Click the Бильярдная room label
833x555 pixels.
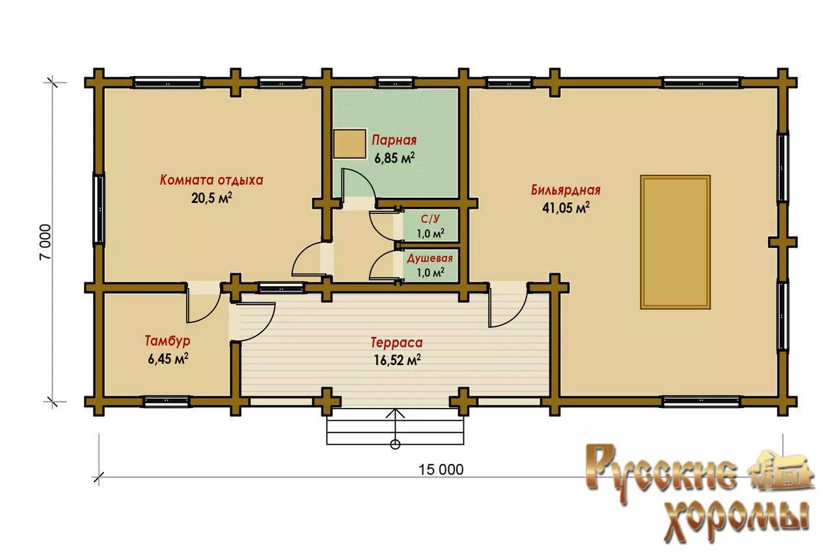click(x=566, y=190)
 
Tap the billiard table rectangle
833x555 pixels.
click(x=676, y=242)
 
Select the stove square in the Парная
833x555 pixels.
click(x=349, y=144)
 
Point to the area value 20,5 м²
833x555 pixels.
click(x=212, y=198)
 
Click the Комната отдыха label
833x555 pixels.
click(x=212, y=180)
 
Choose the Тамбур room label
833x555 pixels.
click(x=167, y=341)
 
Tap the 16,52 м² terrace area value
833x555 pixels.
click(x=397, y=360)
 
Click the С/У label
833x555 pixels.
click(x=430, y=219)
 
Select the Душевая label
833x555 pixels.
click(x=430, y=258)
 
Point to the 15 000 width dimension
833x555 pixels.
click(x=441, y=470)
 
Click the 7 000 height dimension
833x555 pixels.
click(x=46, y=242)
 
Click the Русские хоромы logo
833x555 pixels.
click(x=699, y=494)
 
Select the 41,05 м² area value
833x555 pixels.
click(x=566, y=208)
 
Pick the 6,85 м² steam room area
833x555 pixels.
click(x=394, y=158)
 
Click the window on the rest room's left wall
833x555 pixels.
click(x=99, y=210)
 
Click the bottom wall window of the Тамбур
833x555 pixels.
click(x=166, y=402)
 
